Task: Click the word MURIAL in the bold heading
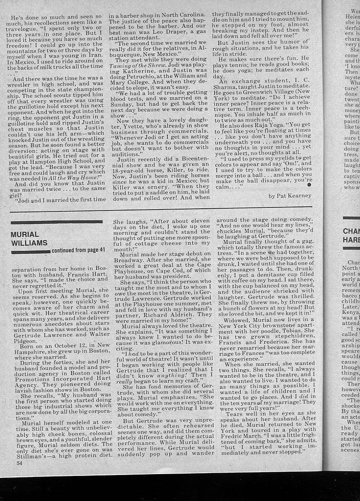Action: tap(25, 234)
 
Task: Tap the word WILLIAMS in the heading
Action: tap(29, 243)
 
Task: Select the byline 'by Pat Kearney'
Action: tap(290, 196)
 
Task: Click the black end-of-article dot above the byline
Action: tap(309, 185)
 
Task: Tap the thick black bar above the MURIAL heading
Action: tap(56, 222)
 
